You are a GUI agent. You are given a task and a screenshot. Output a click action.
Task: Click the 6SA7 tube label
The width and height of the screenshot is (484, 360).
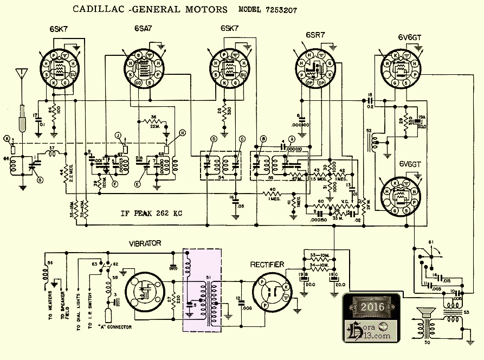(144, 29)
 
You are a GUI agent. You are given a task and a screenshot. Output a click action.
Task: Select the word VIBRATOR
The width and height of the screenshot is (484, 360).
(144, 244)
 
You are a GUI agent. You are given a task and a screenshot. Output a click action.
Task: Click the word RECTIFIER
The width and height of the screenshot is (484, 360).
(267, 265)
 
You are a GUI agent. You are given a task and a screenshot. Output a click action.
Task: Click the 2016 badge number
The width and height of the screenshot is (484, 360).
(373, 307)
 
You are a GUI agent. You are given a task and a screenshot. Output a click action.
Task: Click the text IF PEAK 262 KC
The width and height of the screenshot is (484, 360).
(151, 213)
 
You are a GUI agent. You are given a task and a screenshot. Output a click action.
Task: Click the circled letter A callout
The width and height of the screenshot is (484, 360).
(292, 139)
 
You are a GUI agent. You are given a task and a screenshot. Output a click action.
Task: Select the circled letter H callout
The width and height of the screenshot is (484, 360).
(182, 133)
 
